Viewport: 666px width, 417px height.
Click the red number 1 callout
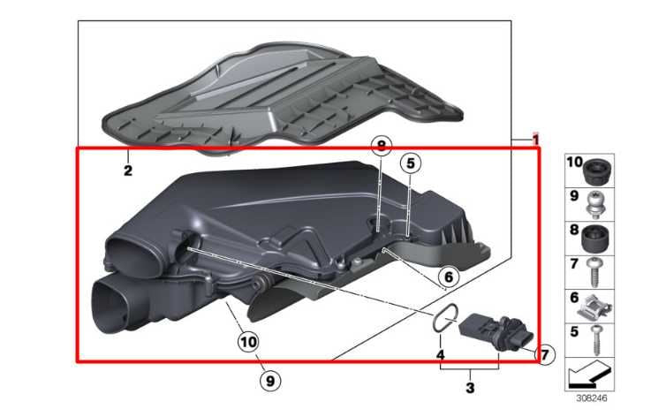pyautogui.click(x=534, y=140)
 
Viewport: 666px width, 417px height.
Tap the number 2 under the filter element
pyautogui.click(x=127, y=170)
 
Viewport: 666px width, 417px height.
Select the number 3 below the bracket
pyautogui.click(x=470, y=386)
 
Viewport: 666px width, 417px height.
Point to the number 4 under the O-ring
pyautogui.click(x=440, y=355)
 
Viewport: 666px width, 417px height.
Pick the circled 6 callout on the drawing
pyautogui.click(x=448, y=277)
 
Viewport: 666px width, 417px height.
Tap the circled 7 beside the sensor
pyautogui.click(x=544, y=355)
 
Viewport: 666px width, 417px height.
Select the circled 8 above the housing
pyautogui.click(x=379, y=148)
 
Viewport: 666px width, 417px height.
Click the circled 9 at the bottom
pyautogui.click(x=270, y=381)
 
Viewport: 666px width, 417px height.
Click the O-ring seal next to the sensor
pyautogui.click(x=446, y=318)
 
